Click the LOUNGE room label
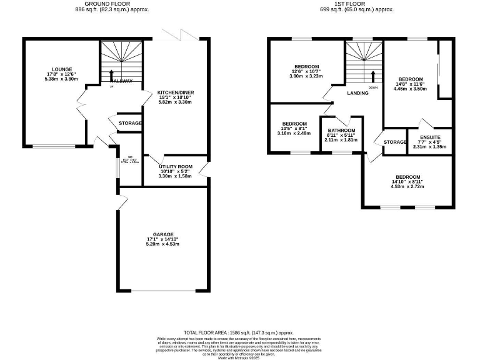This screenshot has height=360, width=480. pyautogui.click(x=62, y=69)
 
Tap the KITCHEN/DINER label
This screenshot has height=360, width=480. pyautogui.click(x=176, y=92)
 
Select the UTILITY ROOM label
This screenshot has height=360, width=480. pyautogui.click(x=176, y=166)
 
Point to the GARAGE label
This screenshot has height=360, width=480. pyautogui.click(x=163, y=234)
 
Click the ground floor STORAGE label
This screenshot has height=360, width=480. pyautogui.click(x=130, y=123)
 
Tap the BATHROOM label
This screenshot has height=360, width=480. pyautogui.click(x=342, y=130)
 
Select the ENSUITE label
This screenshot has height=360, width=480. pyautogui.click(x=431, y=137)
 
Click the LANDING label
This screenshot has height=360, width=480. pyautogui.click(x=358, y=93)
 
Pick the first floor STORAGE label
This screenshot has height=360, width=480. pyautogui.click(x=395, y=142)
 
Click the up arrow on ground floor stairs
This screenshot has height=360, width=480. pyautogui.click(x=112, y=75)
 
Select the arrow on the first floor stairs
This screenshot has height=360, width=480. pyautogui.click(x=373, y=76)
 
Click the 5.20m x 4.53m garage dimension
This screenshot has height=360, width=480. pyautogui.click(x=162, y=244)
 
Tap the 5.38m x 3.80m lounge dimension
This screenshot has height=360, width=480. pyautogui.click(x=62, y=79)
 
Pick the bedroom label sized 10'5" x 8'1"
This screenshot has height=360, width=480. pyautogui.click(x=294, y=124)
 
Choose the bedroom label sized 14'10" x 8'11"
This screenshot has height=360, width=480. pyautogui.click(x=407, y=177)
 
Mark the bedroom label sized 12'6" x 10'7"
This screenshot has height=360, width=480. pyautogui.click(x=307, y=67)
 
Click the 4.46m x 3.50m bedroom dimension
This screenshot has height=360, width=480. pyautogui.click(x=409, y=89)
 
